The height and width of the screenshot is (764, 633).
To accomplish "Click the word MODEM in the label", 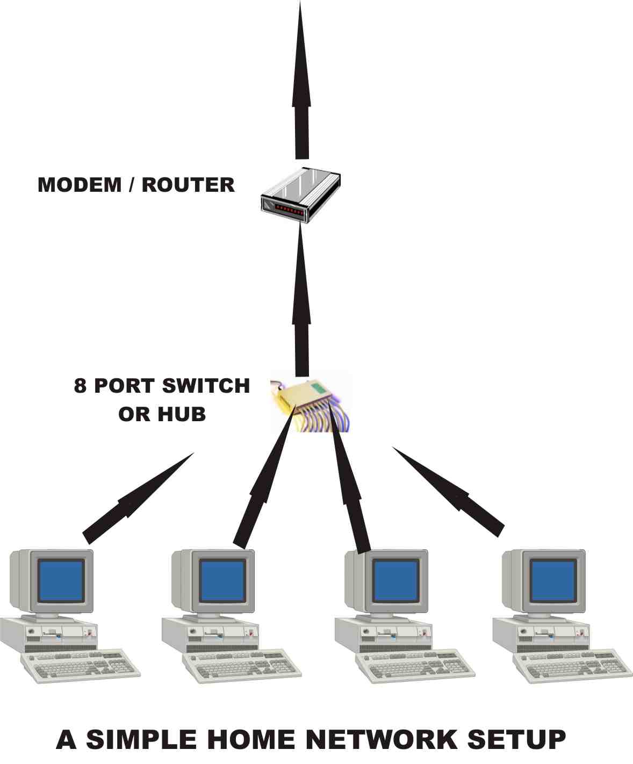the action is pos(80,185).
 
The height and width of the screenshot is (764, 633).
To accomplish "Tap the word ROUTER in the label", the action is pos(188,185).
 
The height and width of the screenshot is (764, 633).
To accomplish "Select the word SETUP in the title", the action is pos(516,740).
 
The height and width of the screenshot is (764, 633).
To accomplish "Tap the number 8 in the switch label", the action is pos(80,386).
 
